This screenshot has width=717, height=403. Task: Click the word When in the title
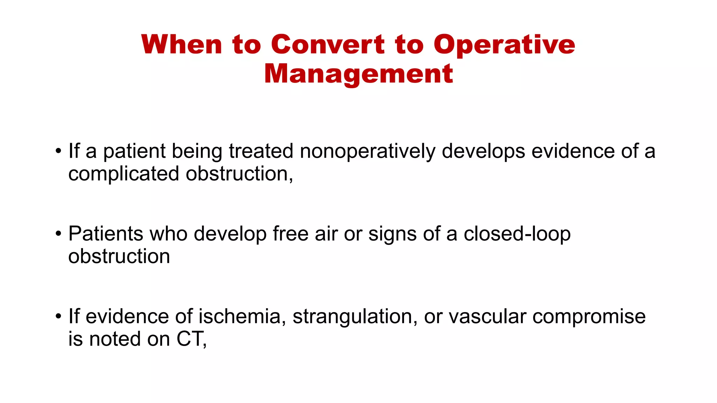click(182, 44)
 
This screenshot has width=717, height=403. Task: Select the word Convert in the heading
click(328, 44)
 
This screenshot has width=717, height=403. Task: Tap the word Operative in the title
click(504, 45)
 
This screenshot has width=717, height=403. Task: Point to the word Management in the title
click(358, 74)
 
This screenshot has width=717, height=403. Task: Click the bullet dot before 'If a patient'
click(58, 151)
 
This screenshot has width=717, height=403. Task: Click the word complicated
click(124, 174)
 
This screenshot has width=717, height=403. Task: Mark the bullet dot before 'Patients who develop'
click(58, 234)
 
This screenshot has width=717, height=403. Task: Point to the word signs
click(392, 234)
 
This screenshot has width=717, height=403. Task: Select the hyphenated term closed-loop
click(517, 234)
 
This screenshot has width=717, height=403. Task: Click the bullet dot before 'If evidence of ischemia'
click(58, 317)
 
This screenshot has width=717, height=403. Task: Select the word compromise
click(589, 317)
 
